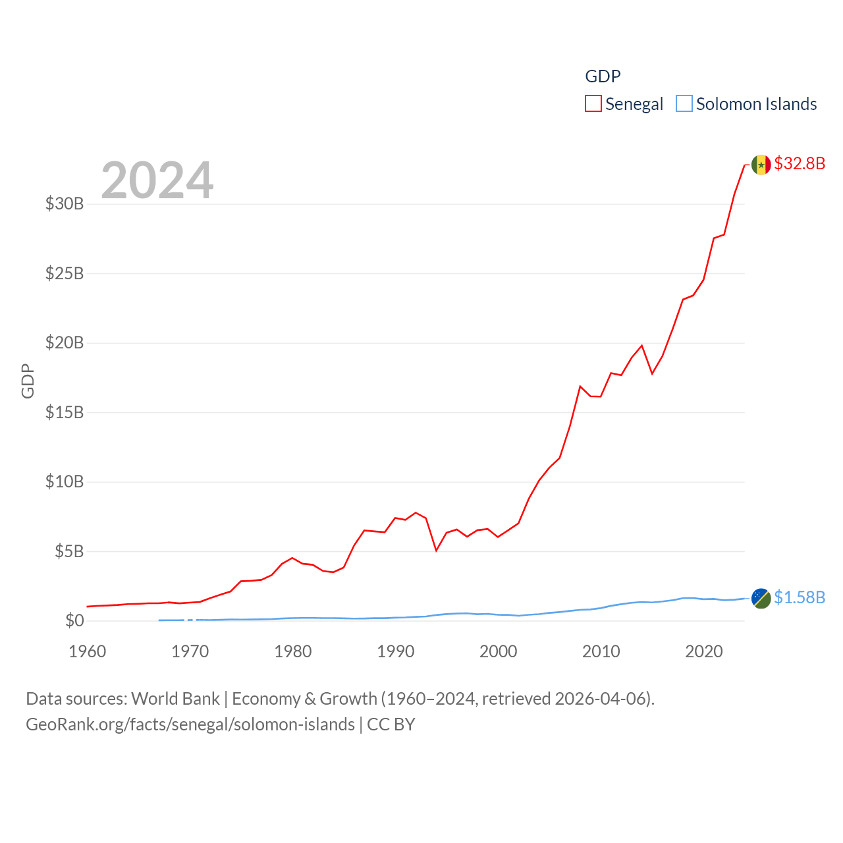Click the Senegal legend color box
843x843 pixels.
pos(593,104)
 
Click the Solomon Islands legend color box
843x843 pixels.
pos(684,104)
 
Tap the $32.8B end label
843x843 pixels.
pos(800,163)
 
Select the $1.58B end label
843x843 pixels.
pos(800,597)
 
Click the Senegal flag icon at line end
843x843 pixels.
pos(761,165)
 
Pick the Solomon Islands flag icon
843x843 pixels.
pos(761,598)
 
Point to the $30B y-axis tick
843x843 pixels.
pos(65,204)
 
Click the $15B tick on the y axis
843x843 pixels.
pos(65,412)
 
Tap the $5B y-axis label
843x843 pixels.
pos(69,551)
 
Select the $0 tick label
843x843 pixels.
pos(74,620)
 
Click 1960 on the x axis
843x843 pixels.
pos(88,651)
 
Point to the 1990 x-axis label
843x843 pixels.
pos(396,651)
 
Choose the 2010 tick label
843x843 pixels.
pos(601,651)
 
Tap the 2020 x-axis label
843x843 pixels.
pos(704,651)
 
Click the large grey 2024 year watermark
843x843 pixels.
pos(157,180)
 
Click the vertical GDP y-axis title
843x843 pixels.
pos(28,381)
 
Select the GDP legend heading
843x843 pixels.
pos(603,76)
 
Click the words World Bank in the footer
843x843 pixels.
pos(175,699)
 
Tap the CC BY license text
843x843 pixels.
pos(391,724)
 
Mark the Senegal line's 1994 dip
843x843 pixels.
pos(436,550)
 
